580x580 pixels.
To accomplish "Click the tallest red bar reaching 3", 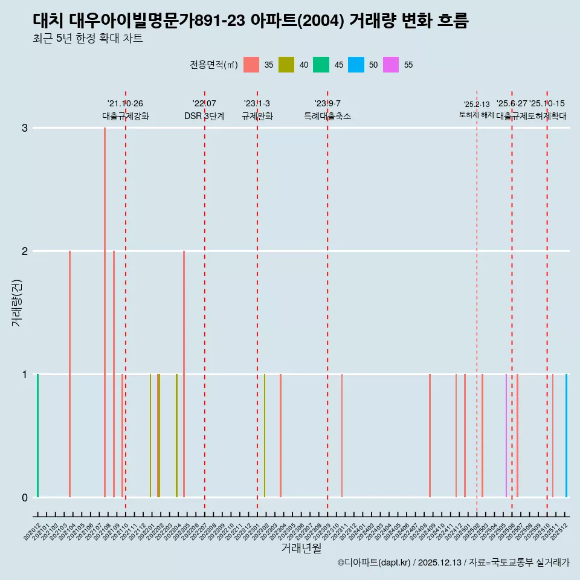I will (105, 312).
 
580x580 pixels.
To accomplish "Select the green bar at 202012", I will (37, 436).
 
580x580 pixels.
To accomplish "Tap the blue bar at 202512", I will (566, 436).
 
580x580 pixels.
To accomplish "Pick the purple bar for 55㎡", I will (506, 436).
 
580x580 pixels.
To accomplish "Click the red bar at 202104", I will (70, 374).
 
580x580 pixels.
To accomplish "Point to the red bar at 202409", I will (430, 436).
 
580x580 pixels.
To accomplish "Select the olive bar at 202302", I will (265, 436).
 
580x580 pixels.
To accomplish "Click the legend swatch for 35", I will (251, 65).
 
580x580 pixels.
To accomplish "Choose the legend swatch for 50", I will (356, 65).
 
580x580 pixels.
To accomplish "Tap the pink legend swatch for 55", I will (391, 65).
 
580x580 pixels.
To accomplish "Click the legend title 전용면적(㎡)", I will (213, 65).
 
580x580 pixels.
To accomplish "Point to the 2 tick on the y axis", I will (25, 251).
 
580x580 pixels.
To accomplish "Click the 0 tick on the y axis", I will (25, 497).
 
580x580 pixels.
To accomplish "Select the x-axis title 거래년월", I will (301, 548).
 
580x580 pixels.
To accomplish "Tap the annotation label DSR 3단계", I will (204, 116).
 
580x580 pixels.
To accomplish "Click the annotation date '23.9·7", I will (327, 103).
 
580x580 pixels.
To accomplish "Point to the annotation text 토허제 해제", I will (477, 115).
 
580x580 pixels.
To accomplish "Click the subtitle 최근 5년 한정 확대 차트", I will (88, 39).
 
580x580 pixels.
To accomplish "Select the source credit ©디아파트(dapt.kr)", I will (374, 562).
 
